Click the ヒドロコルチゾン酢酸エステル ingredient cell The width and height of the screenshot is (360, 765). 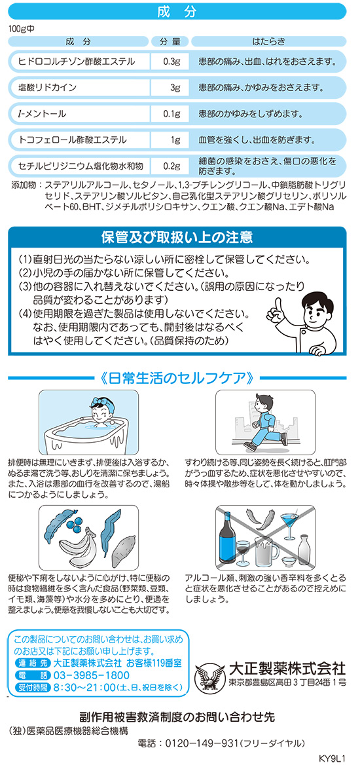77,62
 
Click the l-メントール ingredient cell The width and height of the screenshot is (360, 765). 77,115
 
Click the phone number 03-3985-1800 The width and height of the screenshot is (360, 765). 84,675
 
